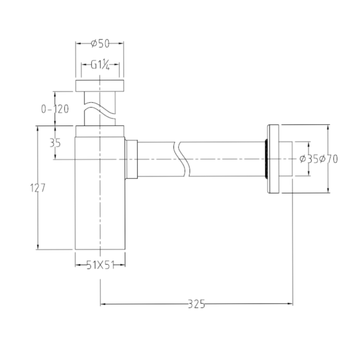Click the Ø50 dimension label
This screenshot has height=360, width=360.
tap(100, 43)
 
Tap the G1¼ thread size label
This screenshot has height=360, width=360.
tap(100, 65)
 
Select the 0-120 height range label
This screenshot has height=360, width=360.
tap(55, 109)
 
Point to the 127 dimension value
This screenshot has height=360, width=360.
tap(38, 188)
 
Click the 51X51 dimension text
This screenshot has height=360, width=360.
tap(100, 265)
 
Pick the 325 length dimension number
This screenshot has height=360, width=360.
tap(196, 304)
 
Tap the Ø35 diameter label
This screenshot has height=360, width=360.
tap(309, 159)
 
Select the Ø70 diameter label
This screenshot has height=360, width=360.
tap(328, 159)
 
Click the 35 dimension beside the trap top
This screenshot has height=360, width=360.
tap(55, 143)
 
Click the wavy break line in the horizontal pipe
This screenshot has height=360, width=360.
tap(182, 159)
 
